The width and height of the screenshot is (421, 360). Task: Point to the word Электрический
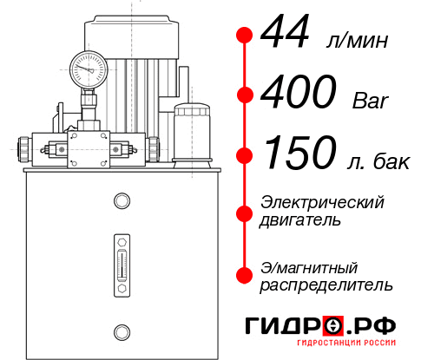pos(322,202)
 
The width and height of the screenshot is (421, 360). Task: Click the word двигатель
pos(300,220)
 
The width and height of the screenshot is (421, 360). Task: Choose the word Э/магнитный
pos(310,266)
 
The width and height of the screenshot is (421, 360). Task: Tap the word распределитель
pos(326,285)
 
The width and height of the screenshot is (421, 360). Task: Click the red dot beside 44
pos(245,36)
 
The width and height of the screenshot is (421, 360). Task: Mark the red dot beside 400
pos(245,95)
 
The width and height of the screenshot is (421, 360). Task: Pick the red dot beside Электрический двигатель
pos(245,211)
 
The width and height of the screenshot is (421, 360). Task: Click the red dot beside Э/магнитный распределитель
pos(245,275)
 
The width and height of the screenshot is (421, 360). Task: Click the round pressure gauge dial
pos(88,65)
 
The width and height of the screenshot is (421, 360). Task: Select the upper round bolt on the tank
pos(121,202)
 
